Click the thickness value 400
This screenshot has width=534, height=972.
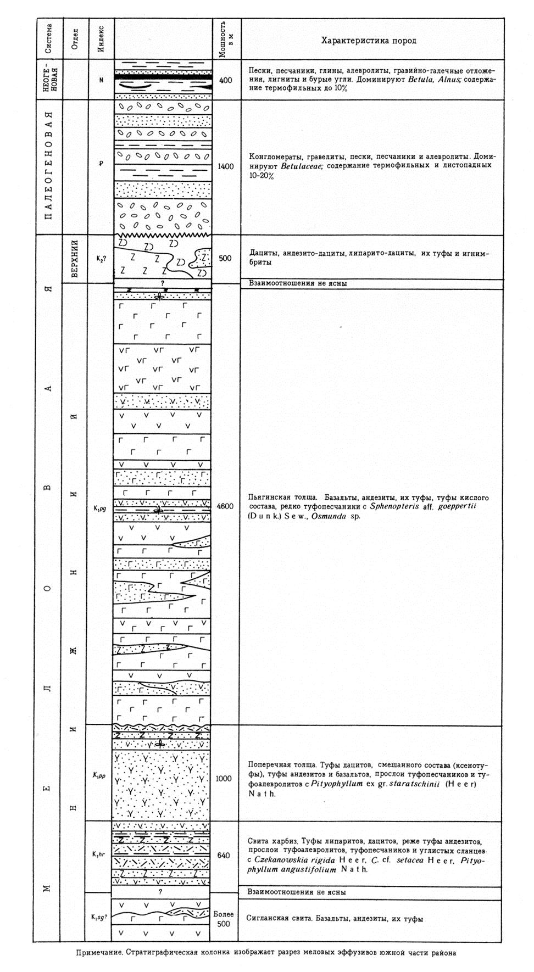(225, 80)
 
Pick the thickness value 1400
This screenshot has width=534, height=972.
(225, 166)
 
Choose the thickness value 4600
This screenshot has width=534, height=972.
(225, 506)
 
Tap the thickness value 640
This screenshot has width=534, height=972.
(224, 856)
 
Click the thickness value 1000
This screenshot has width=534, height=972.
(224, 779)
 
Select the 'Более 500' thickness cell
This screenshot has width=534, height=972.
(224, 919)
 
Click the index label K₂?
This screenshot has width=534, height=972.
(100, 259)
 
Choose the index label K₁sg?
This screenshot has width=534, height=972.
(99, 917)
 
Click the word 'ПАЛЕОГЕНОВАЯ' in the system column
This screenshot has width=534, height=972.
(49, 166)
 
